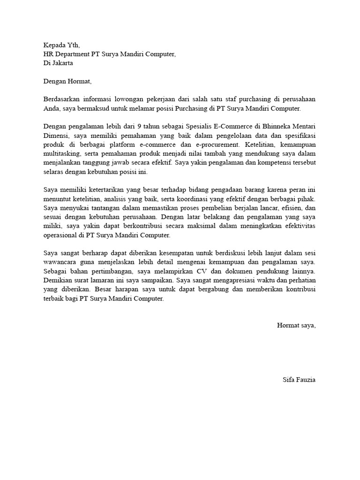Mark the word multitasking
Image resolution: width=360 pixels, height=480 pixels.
point(59,154)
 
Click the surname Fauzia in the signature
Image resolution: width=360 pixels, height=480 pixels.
point(305,380)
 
